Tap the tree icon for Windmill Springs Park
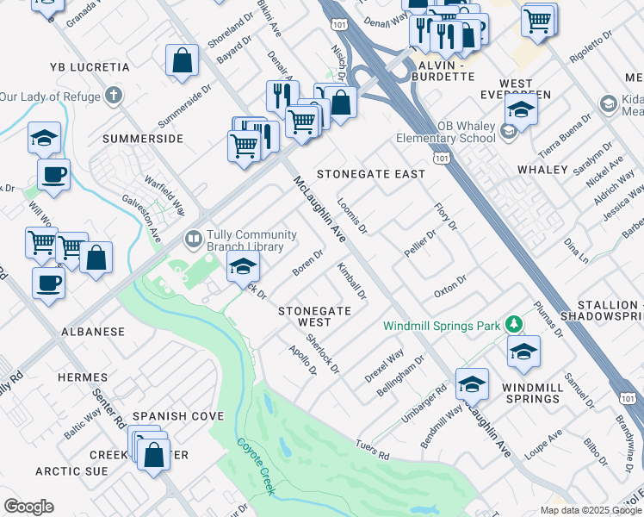(x=514, y=324)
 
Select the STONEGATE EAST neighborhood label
(x=371, y=174)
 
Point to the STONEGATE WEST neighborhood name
(x=314, y=316)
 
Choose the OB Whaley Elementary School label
(x=445, y=132)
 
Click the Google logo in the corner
(x=28, y=507)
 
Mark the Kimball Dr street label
(x=352, y=281)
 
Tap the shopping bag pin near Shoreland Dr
(x=183, y=61)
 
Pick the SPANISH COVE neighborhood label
(x=178, y=416)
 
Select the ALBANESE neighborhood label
(x=92, y=332)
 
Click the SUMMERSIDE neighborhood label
(x=143, y=139)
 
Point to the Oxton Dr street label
(x=449, y=285)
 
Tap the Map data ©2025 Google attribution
(x=590, y=510)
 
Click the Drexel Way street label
(x=384, y=366)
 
